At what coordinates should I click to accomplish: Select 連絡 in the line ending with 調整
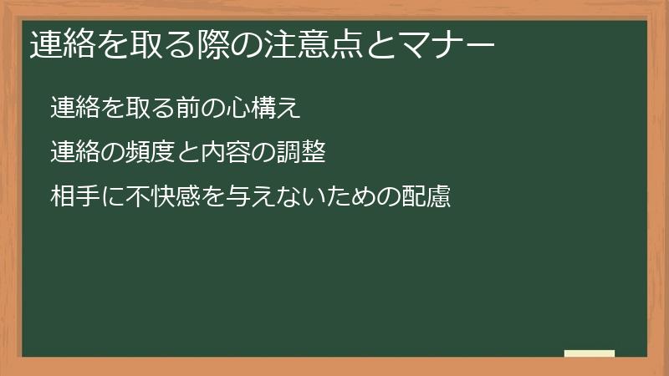[74, 152]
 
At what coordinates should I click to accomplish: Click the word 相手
[74, 198]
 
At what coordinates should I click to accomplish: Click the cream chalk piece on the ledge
[590, 353]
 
